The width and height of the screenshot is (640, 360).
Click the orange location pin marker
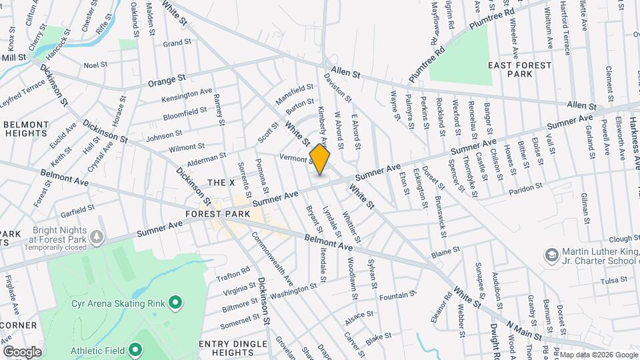tap(320, 160)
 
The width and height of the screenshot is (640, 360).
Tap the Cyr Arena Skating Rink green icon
tap(175, 304)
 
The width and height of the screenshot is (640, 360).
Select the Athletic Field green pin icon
tap(135, 349)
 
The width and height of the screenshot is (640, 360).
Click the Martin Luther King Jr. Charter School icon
tap(552, 255)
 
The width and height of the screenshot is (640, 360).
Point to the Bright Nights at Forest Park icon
tap(97, 236)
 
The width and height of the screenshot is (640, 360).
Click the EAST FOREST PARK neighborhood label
tap(519, 69)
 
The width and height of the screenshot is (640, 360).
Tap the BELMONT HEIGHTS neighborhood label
tap(26, 129)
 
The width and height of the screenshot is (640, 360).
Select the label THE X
tap(221, 183)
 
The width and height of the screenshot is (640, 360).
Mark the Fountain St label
tap(399, 294)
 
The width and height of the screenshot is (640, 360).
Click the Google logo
tap(23, 351)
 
